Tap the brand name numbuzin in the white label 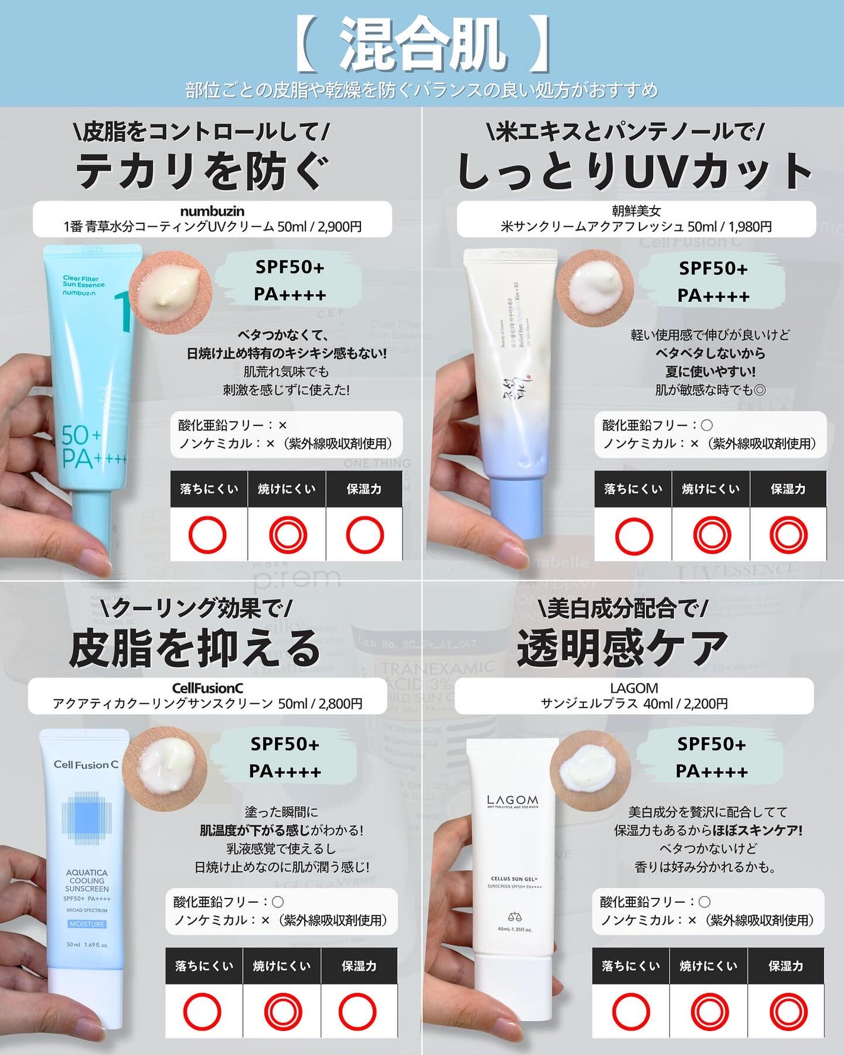tap(212, 211)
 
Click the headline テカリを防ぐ tap(202, 171)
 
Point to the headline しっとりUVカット tap(634, 171)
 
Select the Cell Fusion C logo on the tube tap(86, 765)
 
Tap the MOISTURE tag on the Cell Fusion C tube tap(87, 924)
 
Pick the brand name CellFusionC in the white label tap(207, 688)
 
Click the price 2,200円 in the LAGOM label tap(705, 704)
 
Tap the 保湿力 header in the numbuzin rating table tap(364, 489)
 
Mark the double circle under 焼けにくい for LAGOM tap(709, 1011)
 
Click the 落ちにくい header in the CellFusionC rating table tap(204, 966)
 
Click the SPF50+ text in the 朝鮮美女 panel tap(713, 268)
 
